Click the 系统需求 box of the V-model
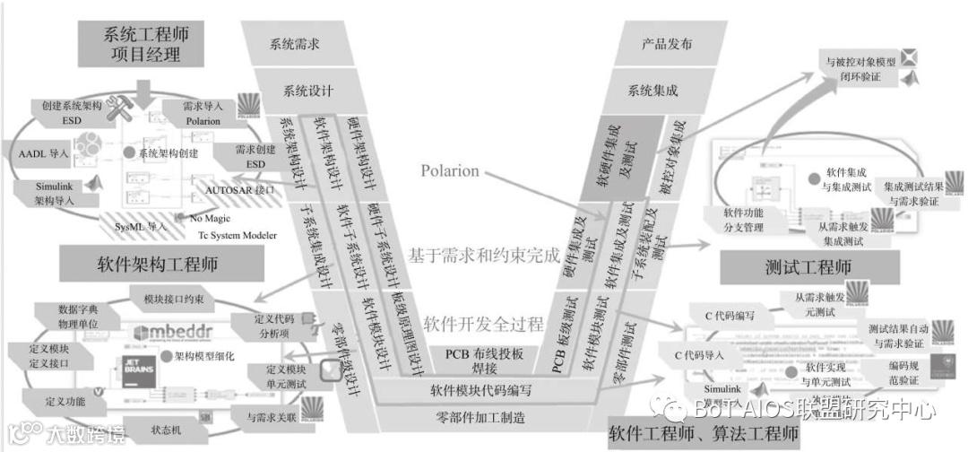295,44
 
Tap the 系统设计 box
308,91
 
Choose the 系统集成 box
653,91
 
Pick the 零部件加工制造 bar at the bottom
480,417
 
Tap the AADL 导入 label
45,153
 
